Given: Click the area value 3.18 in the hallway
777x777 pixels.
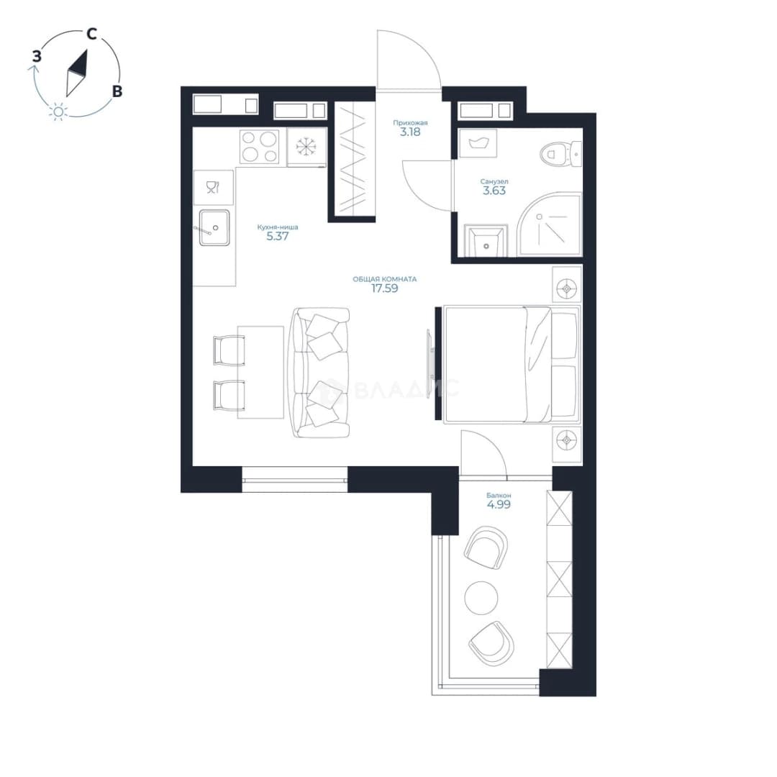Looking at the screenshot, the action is [410, 132].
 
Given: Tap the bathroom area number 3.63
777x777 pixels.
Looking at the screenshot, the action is [494, 191].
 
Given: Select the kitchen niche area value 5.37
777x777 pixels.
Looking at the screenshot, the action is [278, 237].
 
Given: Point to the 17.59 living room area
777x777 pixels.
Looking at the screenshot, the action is [384, 288].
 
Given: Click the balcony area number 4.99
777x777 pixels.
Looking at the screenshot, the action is [499, 505].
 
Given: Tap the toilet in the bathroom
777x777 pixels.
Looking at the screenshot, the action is [560, 154].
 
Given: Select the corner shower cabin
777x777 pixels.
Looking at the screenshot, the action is [549, 225].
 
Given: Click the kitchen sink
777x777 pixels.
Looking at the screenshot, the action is [214, 228].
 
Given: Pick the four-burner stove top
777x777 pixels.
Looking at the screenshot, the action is [259, 147].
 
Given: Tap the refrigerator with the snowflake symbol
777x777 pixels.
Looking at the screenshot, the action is [306, 147].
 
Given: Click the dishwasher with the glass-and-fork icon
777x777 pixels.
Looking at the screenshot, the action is [213, 187].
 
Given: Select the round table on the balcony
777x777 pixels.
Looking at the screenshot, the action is [481, 598].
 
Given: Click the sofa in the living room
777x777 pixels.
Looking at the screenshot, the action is [321, 373].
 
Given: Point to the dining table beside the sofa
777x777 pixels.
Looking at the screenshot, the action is [260, 372].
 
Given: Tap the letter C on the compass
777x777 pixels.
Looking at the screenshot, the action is [91, 35].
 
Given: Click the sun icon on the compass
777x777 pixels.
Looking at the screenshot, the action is [58, 112].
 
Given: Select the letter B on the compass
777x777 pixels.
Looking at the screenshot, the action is [117, 91].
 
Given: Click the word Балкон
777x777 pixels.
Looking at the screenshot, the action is [499, 496].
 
